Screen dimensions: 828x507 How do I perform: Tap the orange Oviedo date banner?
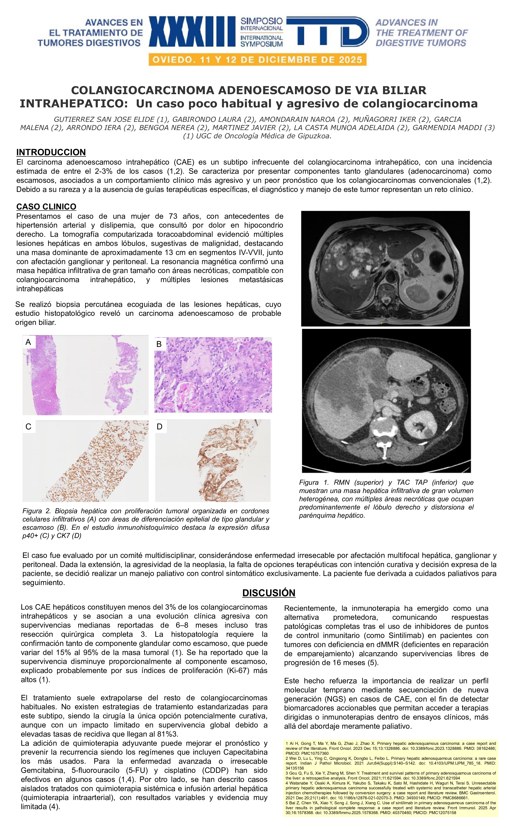[x=257, y=60]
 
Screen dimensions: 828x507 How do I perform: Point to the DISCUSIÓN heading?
[x=269, y=593]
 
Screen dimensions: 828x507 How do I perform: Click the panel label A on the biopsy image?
[x=28, y=342]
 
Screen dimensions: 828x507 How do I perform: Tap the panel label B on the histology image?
[x=159, y=344]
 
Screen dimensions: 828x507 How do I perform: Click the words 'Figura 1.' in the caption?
[x=314, y=482]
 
